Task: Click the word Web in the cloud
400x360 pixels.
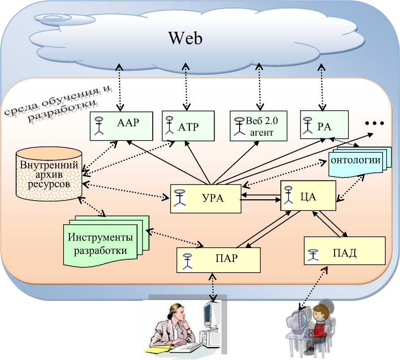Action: coord(185,38)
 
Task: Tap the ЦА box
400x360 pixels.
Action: coord(308,195)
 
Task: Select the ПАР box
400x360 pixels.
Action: coord(218,259)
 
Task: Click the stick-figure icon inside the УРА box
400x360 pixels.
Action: coord(180,198)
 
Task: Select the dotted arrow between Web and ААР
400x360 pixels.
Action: coord(119,87)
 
